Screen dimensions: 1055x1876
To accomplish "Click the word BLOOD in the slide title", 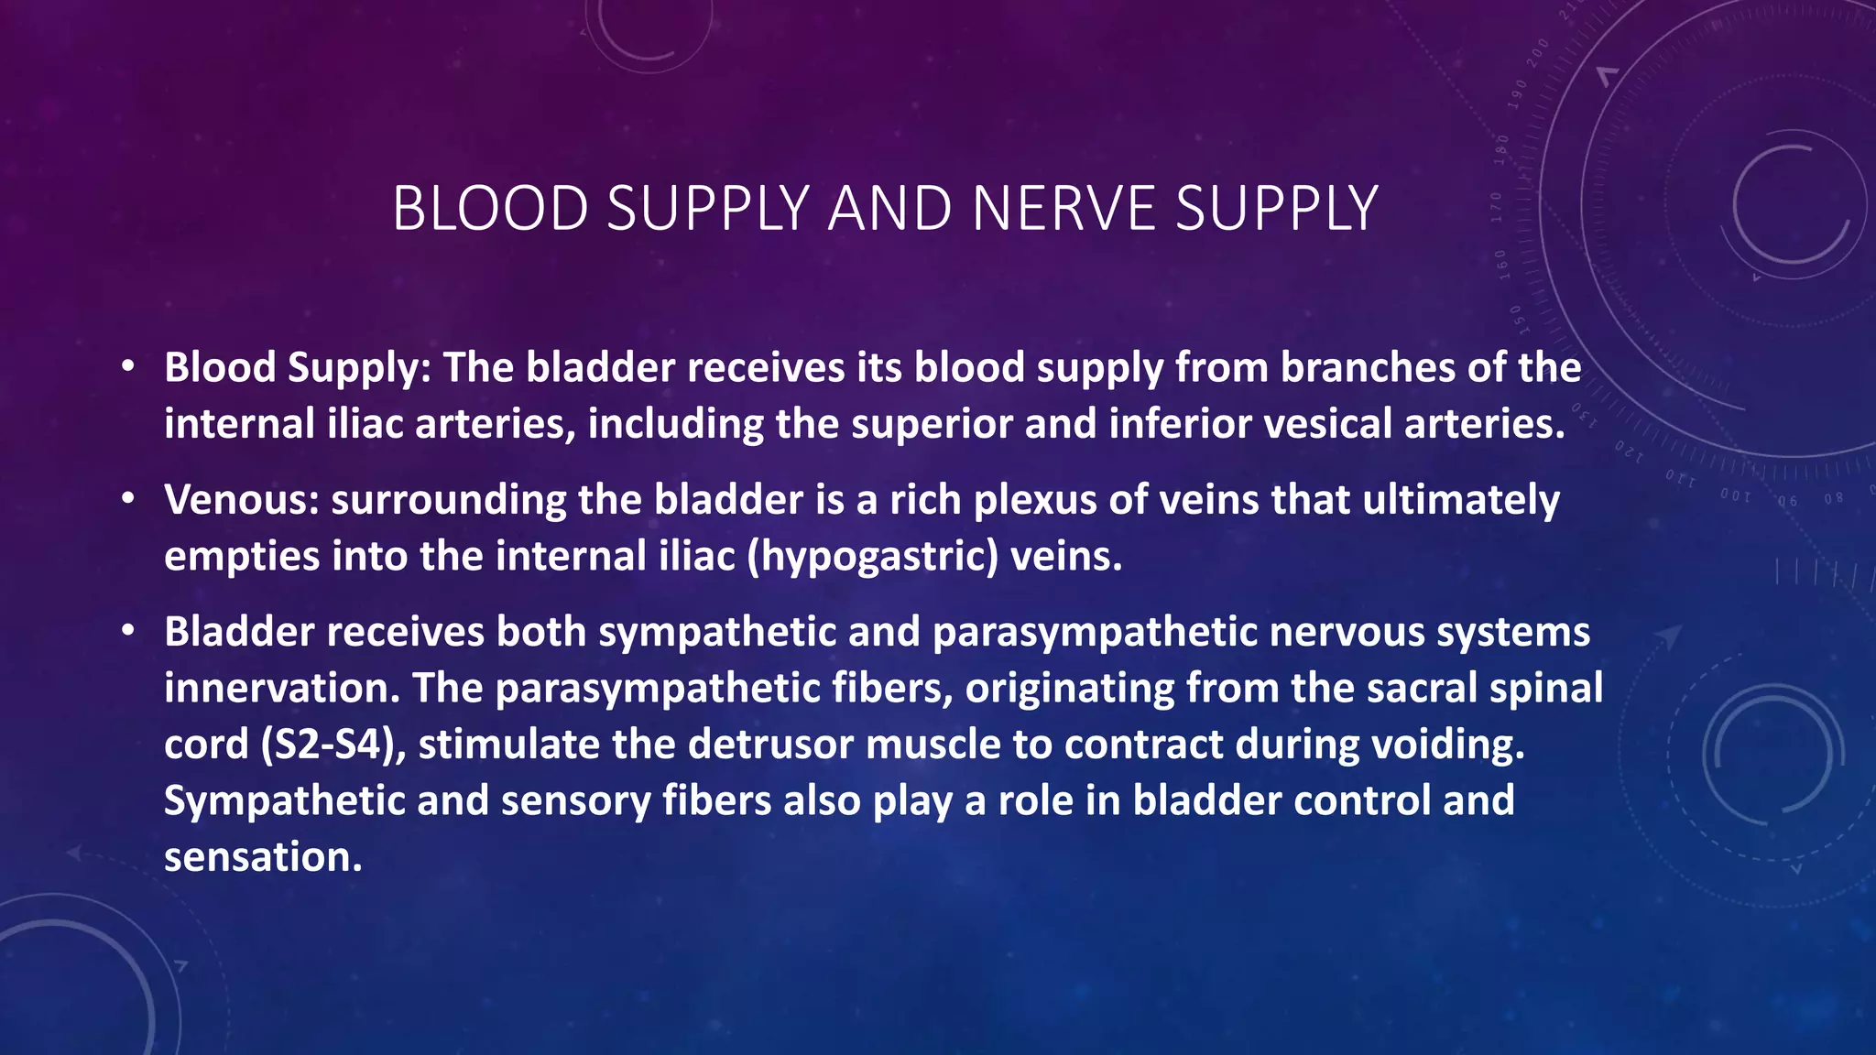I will (x=490, y=209).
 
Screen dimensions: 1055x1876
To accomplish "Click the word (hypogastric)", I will (x=872, y=556).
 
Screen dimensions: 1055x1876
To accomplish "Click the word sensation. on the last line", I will (x=264, y=857).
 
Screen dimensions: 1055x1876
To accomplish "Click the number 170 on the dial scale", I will (x=1497, y=209).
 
